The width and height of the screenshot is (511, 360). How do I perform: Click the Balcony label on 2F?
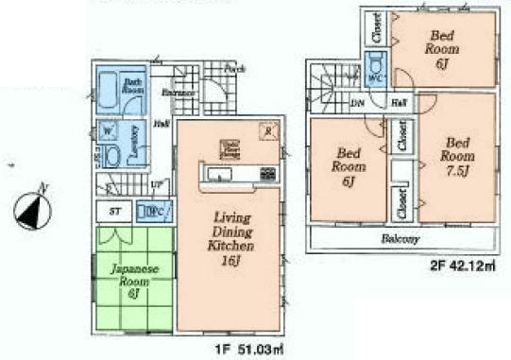(x=400, y=239)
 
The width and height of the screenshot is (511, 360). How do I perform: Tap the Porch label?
(x=234, y=69)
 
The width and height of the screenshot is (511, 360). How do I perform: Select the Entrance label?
(x=178, y=93)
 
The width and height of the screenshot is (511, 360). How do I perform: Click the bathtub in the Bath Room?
(x=111, y=92)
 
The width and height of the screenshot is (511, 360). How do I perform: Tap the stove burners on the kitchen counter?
(x=265, y=175)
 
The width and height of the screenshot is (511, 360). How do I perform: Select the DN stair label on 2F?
(x=358, y=101)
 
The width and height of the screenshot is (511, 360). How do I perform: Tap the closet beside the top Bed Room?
(x=375, y=29)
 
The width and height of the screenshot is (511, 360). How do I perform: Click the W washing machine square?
(x=107, y=129)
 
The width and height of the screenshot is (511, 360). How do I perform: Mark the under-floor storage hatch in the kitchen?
(x=229, y=148)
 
